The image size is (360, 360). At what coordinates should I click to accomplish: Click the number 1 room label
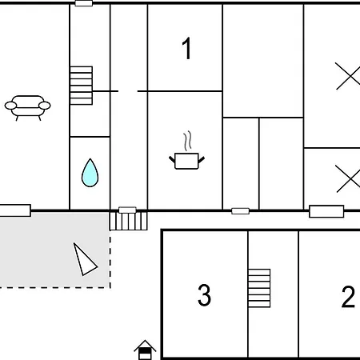point(187,48)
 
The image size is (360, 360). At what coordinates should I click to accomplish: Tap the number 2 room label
point(348,297)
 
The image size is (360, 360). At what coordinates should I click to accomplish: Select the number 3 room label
point(204,295)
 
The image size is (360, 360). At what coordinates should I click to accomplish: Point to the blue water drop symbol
point(90,173)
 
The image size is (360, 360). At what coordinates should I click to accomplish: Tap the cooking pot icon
point(186,161)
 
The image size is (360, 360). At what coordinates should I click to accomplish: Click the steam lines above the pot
point(188,141)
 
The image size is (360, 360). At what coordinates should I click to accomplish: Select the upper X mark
point(348,76)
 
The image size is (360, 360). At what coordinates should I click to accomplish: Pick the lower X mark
point(348,178)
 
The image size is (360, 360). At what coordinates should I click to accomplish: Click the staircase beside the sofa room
point(82,86)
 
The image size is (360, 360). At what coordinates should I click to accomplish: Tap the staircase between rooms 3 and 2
point(259,288)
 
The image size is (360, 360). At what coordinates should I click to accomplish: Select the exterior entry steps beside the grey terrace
point(128,221)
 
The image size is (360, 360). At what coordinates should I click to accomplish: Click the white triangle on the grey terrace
point(84,260)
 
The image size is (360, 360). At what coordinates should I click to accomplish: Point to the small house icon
point(145,350)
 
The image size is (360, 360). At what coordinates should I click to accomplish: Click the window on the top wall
point(84,3)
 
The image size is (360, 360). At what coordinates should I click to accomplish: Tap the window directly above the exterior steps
point(127,210)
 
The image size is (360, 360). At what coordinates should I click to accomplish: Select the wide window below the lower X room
point(326,211)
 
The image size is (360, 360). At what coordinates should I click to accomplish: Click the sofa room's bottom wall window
point(15,210)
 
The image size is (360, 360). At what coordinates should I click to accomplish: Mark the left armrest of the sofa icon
point(10,106)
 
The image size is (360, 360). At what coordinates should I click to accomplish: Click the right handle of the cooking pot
point(202,160)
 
